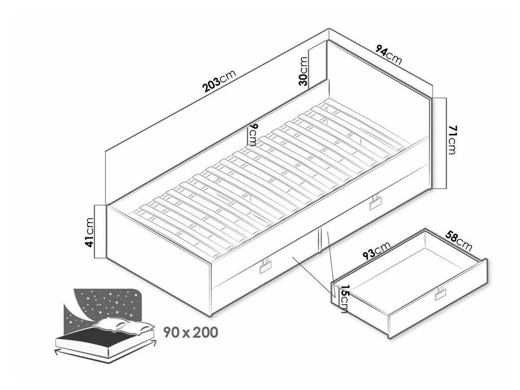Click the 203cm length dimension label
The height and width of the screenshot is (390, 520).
coord(219,81)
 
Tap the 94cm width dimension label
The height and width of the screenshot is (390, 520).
coord(389,55)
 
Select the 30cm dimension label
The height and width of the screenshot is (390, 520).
coord(303,71)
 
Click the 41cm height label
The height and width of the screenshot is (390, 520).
coord(90,233)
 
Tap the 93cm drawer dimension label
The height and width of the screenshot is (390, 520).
coord(377,250)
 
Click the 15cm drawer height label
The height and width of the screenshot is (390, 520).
coord(344,299)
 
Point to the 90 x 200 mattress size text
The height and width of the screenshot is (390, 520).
coord(191,332)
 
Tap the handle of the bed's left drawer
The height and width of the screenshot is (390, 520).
coord(266,267)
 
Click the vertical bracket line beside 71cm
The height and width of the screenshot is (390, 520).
coord(446,143)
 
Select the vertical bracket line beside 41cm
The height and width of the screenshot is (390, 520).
coord(95,231)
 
